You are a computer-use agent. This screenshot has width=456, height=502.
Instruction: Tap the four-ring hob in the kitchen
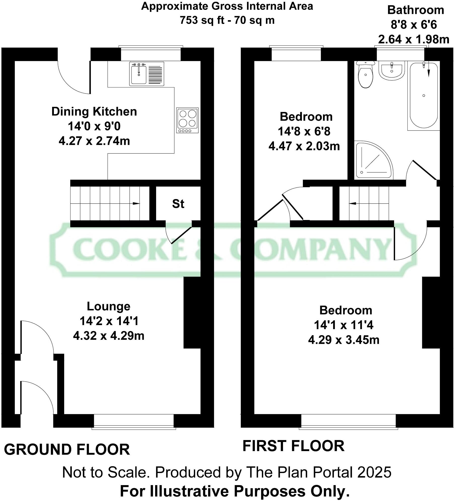pyautogui.click(x=187, y=120)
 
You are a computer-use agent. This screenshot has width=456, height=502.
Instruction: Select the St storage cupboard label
pyautogui.click(x=178, y=204)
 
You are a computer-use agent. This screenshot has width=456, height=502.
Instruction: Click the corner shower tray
pyautogui.click(x=371, y=161)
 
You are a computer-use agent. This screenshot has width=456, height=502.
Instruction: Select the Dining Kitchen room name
pyautogui.click(x=94, y=111)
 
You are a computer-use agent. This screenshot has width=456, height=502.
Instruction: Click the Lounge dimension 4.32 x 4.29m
pyautogui.click(x=109, y=336)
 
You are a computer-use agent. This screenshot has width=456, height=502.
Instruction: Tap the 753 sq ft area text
pyautogui.click(x=201, y=20)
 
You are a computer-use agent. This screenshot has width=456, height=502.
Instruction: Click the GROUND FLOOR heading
pyautogui.click(x=67, y=450)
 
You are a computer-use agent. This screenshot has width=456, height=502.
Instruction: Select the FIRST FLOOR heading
pyautogui.click(x=293, y=446)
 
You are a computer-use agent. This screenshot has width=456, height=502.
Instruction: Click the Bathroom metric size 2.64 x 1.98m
pyautogui.click(x=414, y=40)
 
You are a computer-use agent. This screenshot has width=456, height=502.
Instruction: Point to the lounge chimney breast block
pyautogui.click(x=192, y=312)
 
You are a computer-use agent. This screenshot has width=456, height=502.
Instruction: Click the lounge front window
pyautogui.click(x=134, y=421)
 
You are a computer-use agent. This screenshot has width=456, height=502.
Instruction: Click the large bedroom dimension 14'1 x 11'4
pyautogui.click(x=343, y=325)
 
